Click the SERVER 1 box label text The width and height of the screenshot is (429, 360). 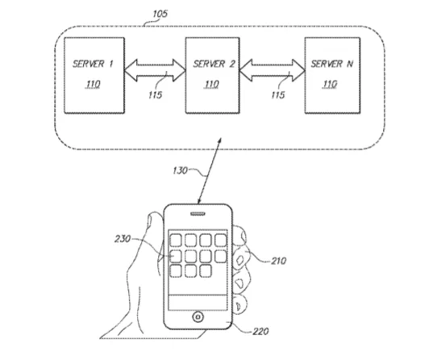click(93, 64)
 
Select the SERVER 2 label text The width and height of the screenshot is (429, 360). click(214, 64)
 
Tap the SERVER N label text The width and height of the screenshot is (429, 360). click(332, 64)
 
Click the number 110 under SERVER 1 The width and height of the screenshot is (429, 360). click(93, 84)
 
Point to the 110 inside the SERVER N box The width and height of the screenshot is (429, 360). click(330, 84)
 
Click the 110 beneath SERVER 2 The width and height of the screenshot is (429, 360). click(211, 84)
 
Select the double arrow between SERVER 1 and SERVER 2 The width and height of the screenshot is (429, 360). click(155, 70)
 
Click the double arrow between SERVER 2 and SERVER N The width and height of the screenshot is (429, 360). click(273, 70)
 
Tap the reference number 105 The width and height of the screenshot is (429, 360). click(160, 14)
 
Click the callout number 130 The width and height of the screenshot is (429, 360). click(180, 170)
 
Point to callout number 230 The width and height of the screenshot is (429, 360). click(123, 239)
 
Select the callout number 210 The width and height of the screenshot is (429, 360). click(278, 261)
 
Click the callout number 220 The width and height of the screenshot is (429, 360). click(260, 332)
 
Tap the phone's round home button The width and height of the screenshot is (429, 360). click(198, 317)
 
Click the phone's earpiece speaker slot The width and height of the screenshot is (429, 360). click(198, 214)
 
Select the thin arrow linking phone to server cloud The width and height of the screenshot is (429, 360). click(210, 171)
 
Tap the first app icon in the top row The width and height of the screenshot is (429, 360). click(176, 241)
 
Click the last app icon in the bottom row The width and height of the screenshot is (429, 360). click(205, 271)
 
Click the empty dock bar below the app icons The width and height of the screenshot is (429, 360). click(198, 303)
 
